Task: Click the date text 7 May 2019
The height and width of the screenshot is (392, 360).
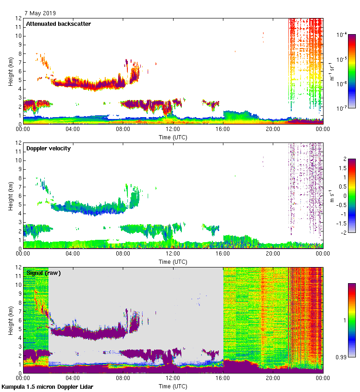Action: point(41,13)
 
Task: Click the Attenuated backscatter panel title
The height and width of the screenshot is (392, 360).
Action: point(58,24)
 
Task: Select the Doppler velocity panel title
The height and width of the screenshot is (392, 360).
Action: point(48,148)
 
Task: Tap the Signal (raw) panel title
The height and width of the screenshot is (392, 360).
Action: point(43,273)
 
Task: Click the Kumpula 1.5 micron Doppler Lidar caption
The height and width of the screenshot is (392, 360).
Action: point(48,386)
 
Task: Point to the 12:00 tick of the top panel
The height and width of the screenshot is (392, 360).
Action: point(173,129)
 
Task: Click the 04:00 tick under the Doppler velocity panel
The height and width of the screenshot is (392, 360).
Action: point(73,254)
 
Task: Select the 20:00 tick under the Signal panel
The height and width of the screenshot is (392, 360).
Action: point(273,378)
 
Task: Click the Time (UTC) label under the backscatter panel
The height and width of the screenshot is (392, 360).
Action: point(173,137)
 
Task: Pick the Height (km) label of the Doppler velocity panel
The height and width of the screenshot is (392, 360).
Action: point(11,196)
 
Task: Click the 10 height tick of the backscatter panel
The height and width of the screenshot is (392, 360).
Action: point(18,36)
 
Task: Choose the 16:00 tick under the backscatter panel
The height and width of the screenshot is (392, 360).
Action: point(223,129)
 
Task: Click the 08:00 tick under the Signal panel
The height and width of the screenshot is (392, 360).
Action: point(123,378)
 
